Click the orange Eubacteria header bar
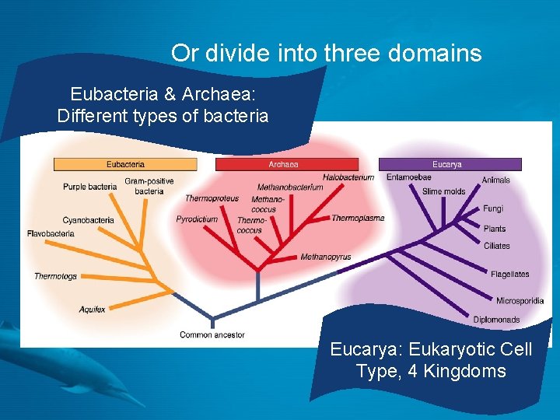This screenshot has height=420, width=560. click(125, 164)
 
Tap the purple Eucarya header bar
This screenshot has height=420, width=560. click(450, 164)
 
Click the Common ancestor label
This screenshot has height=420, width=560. click(212, 335)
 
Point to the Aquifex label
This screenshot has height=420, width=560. click(92, 310)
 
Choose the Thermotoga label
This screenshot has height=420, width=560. click(55, 276)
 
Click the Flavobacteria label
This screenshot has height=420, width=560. click(51, 233)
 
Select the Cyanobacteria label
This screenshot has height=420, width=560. click(88, 220)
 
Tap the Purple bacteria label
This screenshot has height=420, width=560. click(89, 187)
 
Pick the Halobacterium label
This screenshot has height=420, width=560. click(348, 177)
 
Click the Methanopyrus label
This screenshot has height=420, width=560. click(326, 257)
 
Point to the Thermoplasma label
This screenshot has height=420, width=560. click(358, 219)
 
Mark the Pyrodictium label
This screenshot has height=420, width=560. click(197, 219)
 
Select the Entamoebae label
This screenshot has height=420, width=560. click(408, 177)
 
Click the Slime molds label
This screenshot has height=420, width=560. click(443, 191)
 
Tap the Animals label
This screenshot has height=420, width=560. click(495, 180)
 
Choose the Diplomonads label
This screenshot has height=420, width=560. click(497, 320)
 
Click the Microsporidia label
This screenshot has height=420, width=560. click(520, 301)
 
